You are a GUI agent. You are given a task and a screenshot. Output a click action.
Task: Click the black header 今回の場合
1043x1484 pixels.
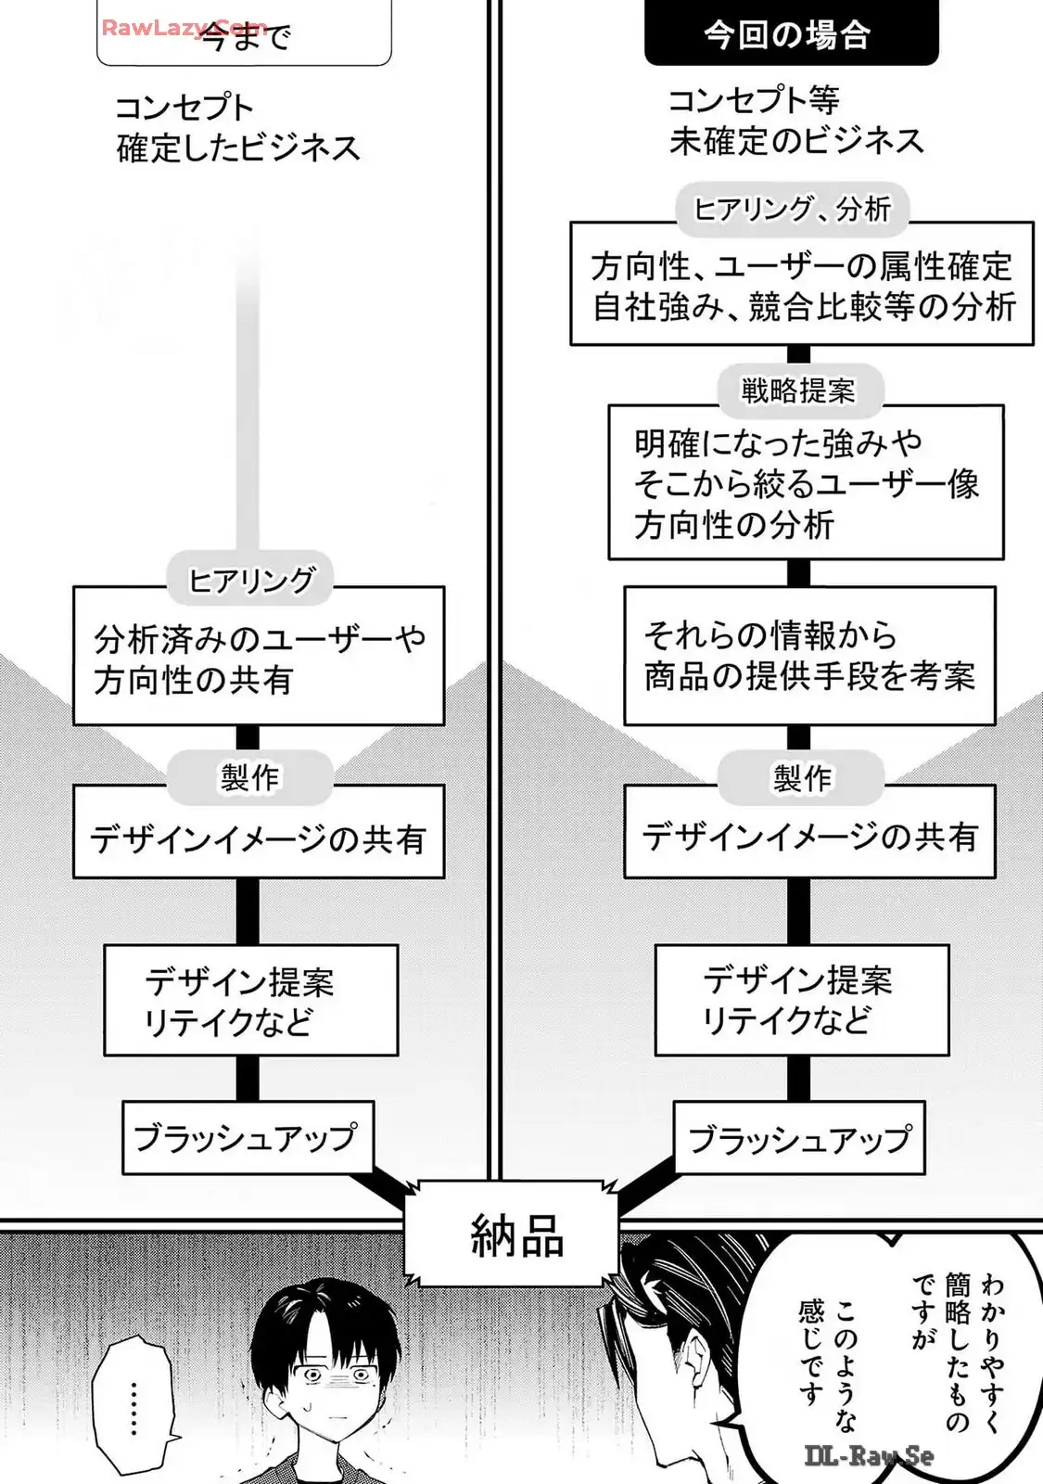coord(791,36)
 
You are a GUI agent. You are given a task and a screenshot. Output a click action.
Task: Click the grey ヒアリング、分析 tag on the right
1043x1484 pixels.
coord(794,209)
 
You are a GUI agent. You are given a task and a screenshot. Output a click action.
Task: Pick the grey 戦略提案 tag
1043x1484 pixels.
coord(798,390)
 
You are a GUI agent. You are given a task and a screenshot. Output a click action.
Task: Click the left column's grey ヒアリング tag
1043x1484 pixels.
coord(250,581)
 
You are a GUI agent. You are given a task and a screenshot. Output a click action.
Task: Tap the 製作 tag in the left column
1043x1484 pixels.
coord(248,777)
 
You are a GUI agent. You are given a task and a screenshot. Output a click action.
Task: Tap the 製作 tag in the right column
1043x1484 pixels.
coord(802,777)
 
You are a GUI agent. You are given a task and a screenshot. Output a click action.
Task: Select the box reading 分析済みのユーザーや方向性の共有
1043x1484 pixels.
coord(258,659)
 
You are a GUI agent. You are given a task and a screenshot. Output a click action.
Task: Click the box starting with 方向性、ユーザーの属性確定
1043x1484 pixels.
coord(802,286)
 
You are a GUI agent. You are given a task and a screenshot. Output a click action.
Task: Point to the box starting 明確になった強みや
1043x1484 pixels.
coord(805,483)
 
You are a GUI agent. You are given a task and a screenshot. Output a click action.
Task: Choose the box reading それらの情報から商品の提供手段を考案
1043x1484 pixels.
coord(808,656)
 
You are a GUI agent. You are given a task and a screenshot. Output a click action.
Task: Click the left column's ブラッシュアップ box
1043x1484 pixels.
coord(248,1137)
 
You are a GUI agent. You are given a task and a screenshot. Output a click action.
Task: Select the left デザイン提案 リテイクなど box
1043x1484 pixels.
coord(250,1001)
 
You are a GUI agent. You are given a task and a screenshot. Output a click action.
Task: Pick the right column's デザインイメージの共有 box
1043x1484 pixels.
coord(808,836)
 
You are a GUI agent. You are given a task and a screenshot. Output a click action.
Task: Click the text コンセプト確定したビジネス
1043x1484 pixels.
coord(237,128)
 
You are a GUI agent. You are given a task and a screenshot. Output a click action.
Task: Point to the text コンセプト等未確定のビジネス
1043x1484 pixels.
coord(795,121)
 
